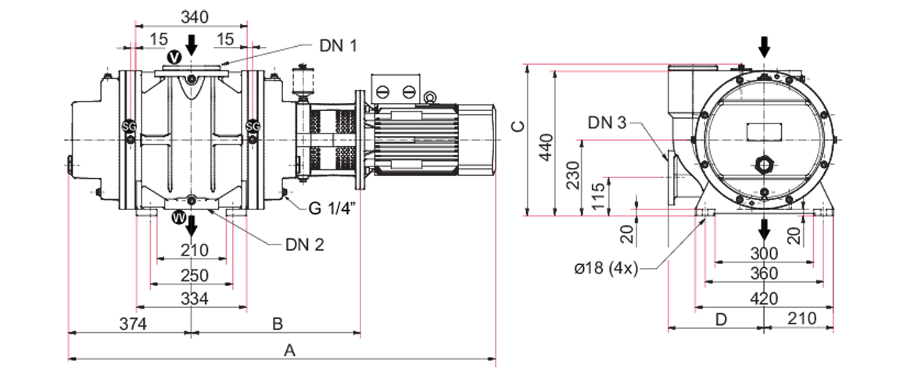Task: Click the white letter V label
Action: pos(175,56)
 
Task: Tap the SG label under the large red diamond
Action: pos(130,126)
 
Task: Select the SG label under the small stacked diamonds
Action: pos(253,126)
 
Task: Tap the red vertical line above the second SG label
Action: pos(253,94)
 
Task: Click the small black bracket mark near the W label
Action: pos(290,208)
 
